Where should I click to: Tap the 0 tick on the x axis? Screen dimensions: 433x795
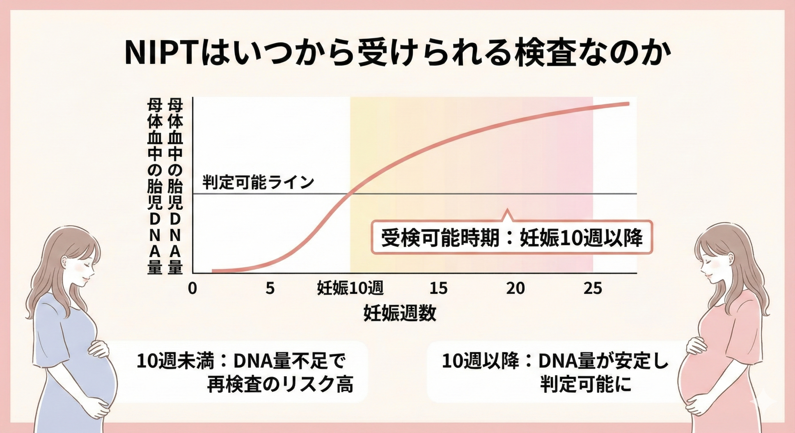click(x=193, y=288)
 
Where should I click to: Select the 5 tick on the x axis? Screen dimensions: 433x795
click(x=270, y=288)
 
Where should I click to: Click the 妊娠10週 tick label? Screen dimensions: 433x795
click(x=350, y=288)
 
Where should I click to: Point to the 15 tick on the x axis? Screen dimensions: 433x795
click(x=438, y=288)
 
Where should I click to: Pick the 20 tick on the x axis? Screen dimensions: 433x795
click(x=516, y=288)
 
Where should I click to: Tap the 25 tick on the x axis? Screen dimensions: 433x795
click(x=593, y=288)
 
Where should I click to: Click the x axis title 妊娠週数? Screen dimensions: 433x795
click(x=400, y=313)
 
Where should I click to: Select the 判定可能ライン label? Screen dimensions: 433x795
click(x=258, y=182)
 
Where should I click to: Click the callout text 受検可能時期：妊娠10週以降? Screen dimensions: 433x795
click(x=512, y=238)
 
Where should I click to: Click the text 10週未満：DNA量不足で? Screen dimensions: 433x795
click(x=241, y=361)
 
